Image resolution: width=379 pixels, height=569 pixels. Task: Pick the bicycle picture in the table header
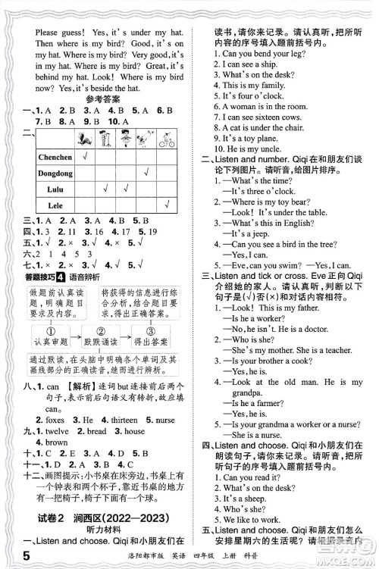(168, 140)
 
